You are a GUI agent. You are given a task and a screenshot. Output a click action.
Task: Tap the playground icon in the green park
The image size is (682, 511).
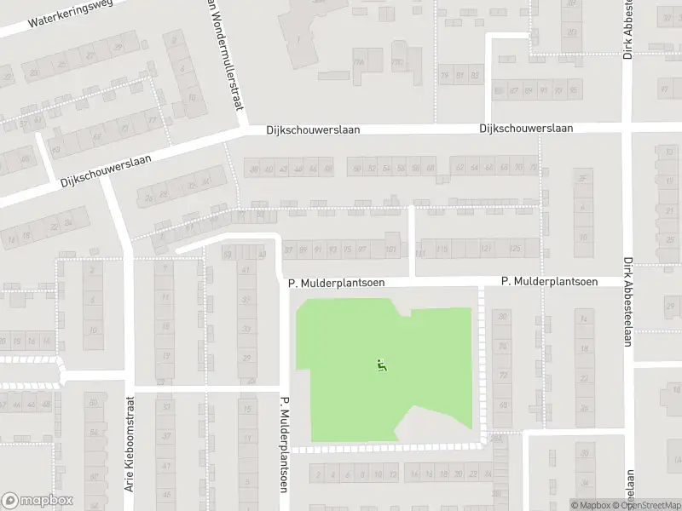382,366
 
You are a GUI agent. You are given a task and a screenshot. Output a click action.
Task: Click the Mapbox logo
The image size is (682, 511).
38,501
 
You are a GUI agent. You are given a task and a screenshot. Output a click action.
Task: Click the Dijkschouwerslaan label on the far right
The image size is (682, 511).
525,128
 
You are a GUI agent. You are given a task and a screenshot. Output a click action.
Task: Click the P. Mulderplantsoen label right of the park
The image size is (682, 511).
548,281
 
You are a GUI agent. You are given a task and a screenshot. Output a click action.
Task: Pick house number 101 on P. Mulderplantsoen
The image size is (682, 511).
390,250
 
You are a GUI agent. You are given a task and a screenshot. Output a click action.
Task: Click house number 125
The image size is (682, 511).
514,249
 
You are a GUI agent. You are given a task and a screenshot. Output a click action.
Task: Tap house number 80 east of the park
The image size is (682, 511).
503,317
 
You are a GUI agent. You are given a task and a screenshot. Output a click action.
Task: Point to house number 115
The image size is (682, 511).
442,249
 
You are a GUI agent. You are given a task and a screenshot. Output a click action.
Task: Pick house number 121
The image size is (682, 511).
485,249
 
